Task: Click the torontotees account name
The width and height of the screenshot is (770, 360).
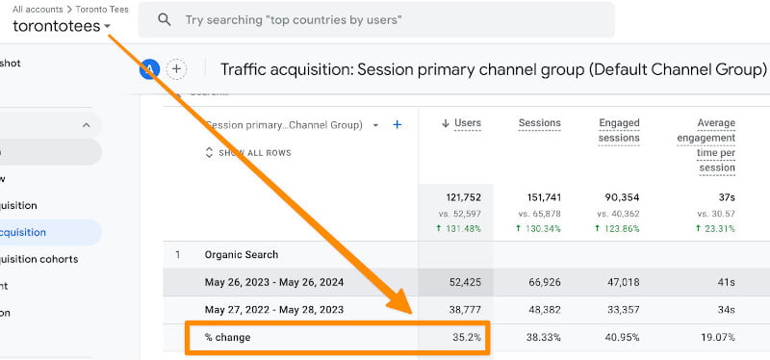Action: click(56, 26)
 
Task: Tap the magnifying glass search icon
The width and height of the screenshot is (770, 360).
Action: click(165, 19)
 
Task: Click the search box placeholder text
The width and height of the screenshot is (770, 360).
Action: click(294, 19)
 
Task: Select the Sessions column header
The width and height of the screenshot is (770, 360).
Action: click(539, 123)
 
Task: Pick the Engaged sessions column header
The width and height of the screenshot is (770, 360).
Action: click(619, 130)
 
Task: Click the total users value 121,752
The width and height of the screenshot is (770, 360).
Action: click(461, 197)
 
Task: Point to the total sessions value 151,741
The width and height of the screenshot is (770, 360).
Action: click(540, 197)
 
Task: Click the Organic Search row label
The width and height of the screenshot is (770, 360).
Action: click(242, 255)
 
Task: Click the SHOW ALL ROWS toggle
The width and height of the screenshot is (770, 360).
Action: click(248, 153)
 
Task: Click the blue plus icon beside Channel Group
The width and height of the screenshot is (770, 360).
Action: click(398, 124)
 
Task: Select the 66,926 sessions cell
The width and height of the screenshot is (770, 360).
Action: click(541, 282)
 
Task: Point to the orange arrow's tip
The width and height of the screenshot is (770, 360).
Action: click(417, 314)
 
